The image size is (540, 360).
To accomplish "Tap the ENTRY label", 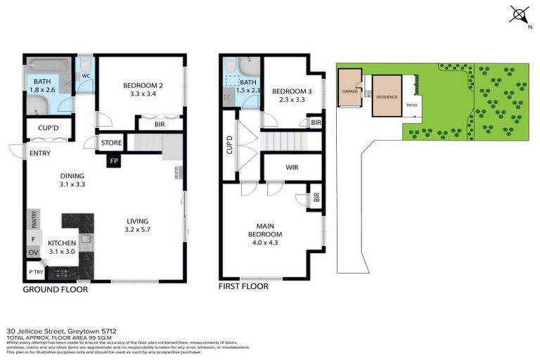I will (x=37, y=153).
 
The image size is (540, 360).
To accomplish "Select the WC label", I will (x=85, y=75).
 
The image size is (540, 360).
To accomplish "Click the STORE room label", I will (x=112, y=143).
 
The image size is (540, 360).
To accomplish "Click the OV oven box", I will (x=33, y=252).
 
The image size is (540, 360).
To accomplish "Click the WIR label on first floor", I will (x=292, y=167).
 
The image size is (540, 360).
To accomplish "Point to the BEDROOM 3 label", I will (x=291, y=96).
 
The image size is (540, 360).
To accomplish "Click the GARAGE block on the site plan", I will (x=349, y=92).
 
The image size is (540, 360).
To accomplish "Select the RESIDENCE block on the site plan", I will (x=387, y=96).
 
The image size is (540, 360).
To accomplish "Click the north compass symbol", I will (x=519, y=15).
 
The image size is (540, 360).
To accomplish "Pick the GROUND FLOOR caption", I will (x=56, y=289).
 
